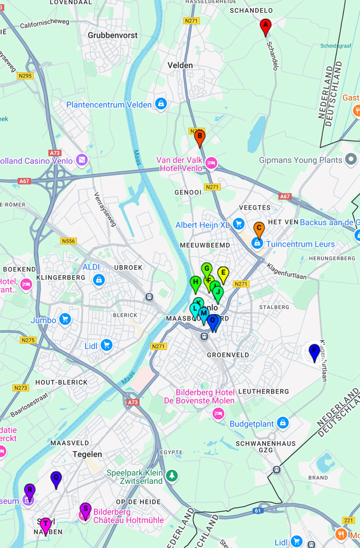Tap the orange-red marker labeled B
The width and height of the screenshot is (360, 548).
click(x=200, y=138)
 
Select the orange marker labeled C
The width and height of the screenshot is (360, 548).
click(x=259, y=229)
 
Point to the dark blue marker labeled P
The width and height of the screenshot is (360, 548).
click(x=314, y=351)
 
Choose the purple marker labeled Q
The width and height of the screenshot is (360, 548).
click(x=56, y=478)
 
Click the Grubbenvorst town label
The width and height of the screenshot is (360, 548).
click(x=112, y=35)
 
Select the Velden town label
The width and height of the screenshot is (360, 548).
click(x=180, y=65)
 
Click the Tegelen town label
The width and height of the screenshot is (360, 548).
click(x=87, y=454)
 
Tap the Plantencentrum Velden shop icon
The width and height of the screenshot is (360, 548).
click(x=161, y=104)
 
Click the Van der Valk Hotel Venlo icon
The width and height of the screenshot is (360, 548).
click(x=212, y=163)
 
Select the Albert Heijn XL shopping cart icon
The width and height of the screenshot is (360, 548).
click(x=238, y=224)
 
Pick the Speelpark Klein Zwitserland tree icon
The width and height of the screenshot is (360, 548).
click(x=172, y=475)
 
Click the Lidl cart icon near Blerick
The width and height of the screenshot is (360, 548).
click(x=106, y=345)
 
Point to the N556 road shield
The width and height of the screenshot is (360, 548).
click(x=68, y=241)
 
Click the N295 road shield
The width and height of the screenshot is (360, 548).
click(x=25, y=76)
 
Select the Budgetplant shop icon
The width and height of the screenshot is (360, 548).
click(x=283, y=423)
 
